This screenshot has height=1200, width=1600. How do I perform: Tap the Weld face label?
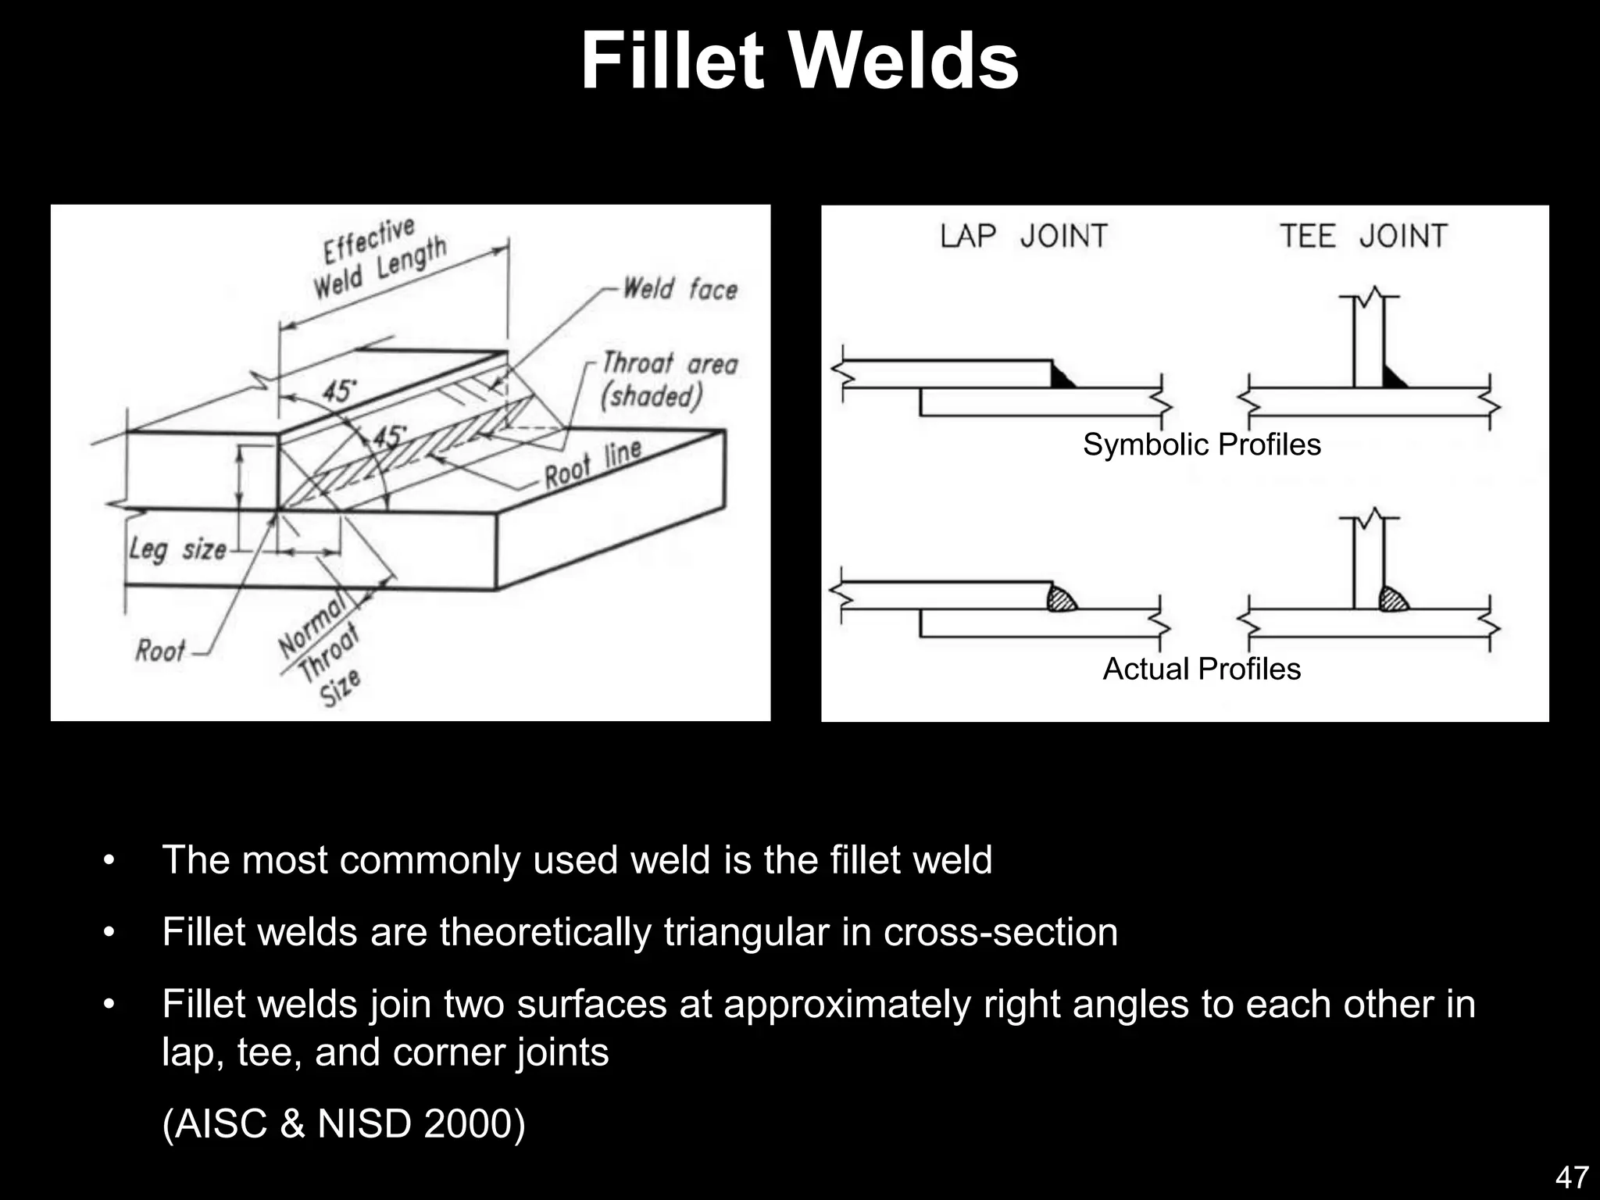click(679, 288)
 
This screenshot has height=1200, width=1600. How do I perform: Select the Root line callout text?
click(592, 463)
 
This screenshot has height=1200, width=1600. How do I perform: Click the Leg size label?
click(177, 549)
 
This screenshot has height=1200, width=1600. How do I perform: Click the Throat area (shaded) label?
click(669, 380)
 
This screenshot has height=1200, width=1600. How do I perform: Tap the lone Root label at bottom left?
click(159, 650)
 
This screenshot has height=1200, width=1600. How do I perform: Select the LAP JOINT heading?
click(1023, 236)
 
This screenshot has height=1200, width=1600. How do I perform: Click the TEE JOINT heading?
click(1363, 236)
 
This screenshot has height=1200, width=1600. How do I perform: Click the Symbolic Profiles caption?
click(1201, 445)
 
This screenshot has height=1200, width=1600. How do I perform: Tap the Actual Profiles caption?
click(1201, 669)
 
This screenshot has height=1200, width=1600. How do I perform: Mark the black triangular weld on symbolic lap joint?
click(1060, 378)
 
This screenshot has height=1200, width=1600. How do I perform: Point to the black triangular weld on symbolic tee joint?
click(1392, 379)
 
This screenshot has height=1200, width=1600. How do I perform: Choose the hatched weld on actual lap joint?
click(1061, 599)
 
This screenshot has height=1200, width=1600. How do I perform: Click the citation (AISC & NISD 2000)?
click(344, 1123)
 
